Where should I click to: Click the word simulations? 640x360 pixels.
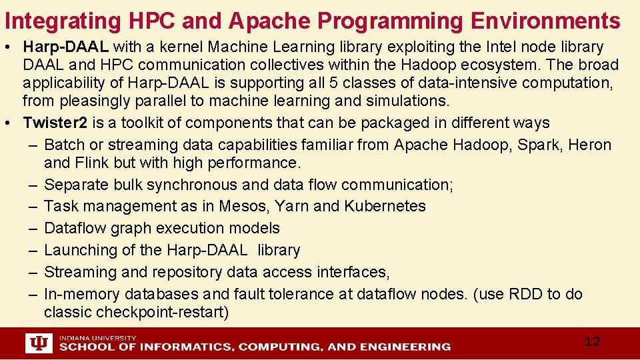coord(407,101)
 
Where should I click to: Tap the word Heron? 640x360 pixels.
coord(589,145)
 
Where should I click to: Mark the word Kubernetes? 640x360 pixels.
coord(385,206)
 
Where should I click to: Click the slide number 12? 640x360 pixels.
coord(592,342)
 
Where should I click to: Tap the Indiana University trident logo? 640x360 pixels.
coord(38,343)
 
